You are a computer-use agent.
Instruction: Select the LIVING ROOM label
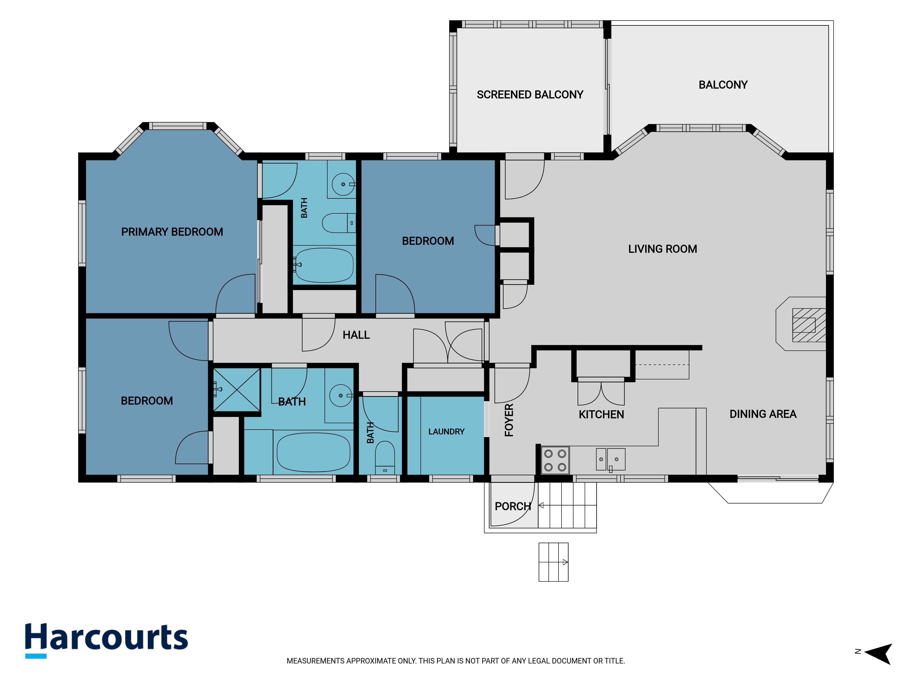[x=663, y=249]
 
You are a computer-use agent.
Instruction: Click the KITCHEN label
[x=601, y=414]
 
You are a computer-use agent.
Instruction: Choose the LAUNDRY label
[x=446, y=432]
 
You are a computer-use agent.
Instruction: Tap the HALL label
[x=356, y=335]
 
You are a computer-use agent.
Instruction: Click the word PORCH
[x=513, y=506]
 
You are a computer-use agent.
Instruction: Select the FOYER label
[x=509, y=420]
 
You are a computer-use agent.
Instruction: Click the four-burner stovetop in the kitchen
[x=555, y=460]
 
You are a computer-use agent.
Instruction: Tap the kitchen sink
[x=611, y=459]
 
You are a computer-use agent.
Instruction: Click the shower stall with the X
[x=237, y=390]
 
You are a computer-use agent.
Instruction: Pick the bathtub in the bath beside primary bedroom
[x=324, y=265]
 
